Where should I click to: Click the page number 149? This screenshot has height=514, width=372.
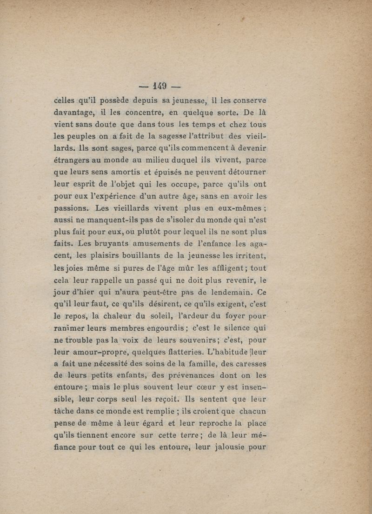pos(159,86)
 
